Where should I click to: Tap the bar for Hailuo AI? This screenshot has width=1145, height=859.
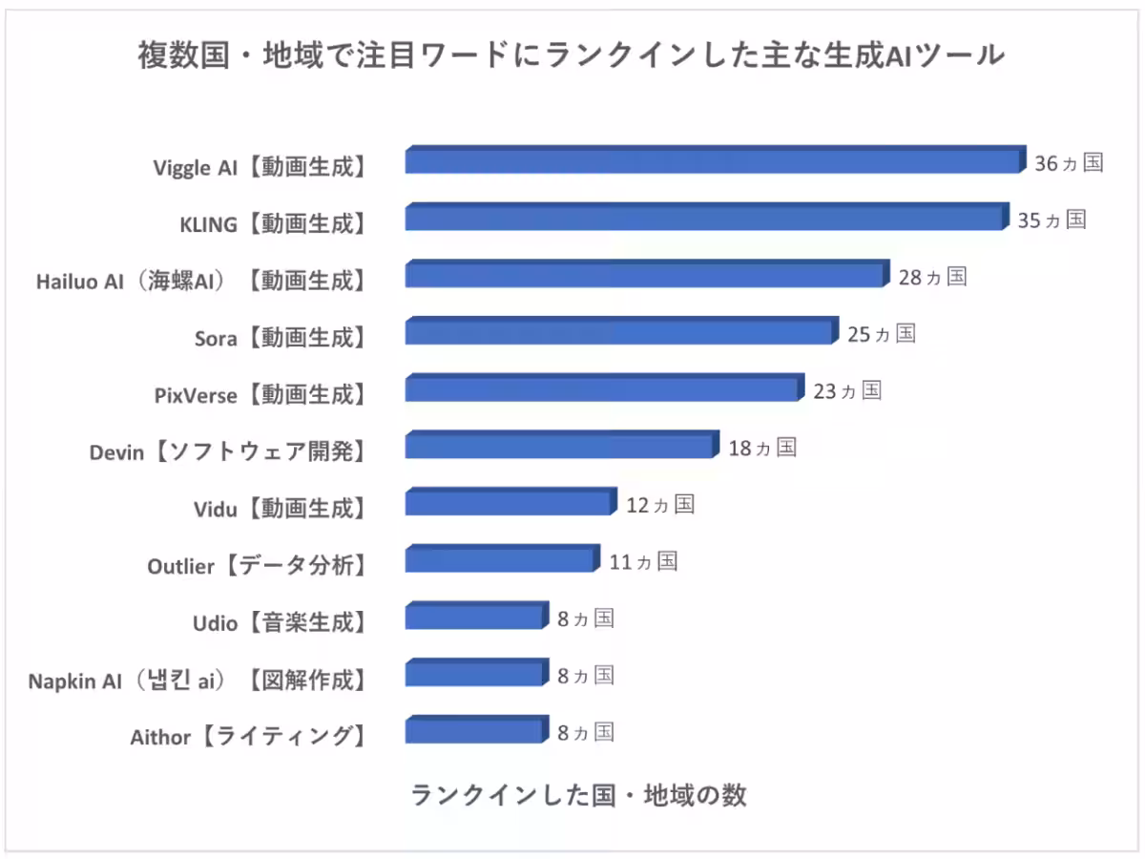pyautogui.click(x=646, y=276)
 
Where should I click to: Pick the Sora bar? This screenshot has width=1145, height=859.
pyautogui.click(x=620, y=332)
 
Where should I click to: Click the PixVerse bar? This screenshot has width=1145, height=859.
pyautogui.click(x=602, y=389)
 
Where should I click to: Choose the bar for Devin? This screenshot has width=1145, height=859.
pyautogui.click(x=560, y=447)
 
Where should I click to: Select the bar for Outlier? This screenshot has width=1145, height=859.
pyautogui.click(x=500, y=560)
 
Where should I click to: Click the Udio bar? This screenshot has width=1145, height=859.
pyautogui.click(x=475, y=618)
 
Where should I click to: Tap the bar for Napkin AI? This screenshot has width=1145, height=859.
pyautogui.click(x=475, y=675)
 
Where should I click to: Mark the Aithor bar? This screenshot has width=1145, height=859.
pyautogui.click(x=475, y=732)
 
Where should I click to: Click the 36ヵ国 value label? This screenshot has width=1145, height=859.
pyautogui.click(x=1069, y=163)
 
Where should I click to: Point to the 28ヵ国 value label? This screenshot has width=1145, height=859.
pyautogui.click(x=932, y=277)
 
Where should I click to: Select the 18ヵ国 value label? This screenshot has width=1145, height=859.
pyautogui.click(x=762, y=448)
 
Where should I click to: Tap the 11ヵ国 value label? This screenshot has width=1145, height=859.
pyautogui.click(x=643, y=561)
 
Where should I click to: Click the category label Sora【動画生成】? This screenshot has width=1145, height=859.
pyautogui.click(x=279, y=337)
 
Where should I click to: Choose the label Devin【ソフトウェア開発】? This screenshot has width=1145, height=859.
pyautogui.click(x=228, y=451)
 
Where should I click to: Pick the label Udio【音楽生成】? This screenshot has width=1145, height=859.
pyautogui.click(x=279, y=623)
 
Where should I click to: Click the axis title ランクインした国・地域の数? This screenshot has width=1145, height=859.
pyautogui.click(x=578, y=795)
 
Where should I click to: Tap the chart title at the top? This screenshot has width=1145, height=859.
pyautogui.click(x=572, y=56)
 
